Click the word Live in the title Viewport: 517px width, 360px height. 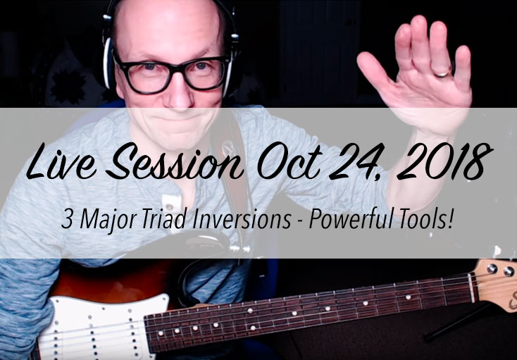pos(62,162)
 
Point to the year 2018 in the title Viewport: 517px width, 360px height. pos(444,162)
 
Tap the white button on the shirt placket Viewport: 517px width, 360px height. pos(170,207)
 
